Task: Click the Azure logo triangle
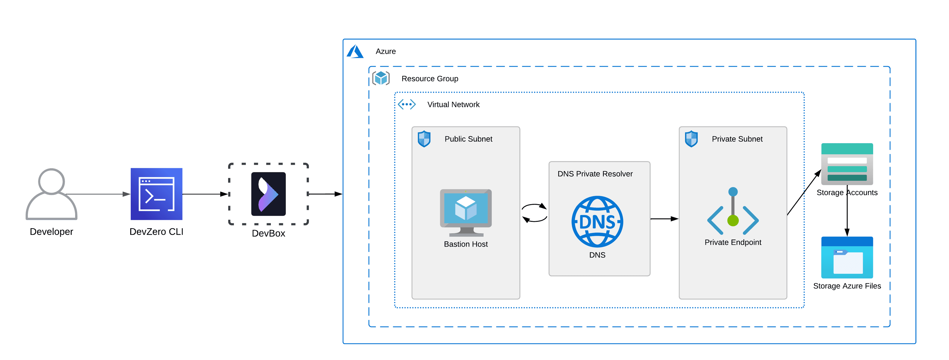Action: pyautogui.click(x=355, y=52)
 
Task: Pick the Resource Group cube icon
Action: pyautogui.click(x=381, y=78)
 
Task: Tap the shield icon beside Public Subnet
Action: pyautogui.click(x=424, y=139)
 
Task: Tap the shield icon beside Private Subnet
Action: pyautogui.click(x=691, y=139)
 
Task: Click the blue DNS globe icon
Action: pyautogui.click(x=597, y=222)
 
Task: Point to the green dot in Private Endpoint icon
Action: pyautogui.click(x=733, y=221)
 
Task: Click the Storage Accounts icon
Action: pyautogui.click(x=847, y=164)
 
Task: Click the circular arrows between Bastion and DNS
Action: pyautogui.click(x=534, y=213)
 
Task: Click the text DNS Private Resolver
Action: pyautogui.click(x=595, y=174)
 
